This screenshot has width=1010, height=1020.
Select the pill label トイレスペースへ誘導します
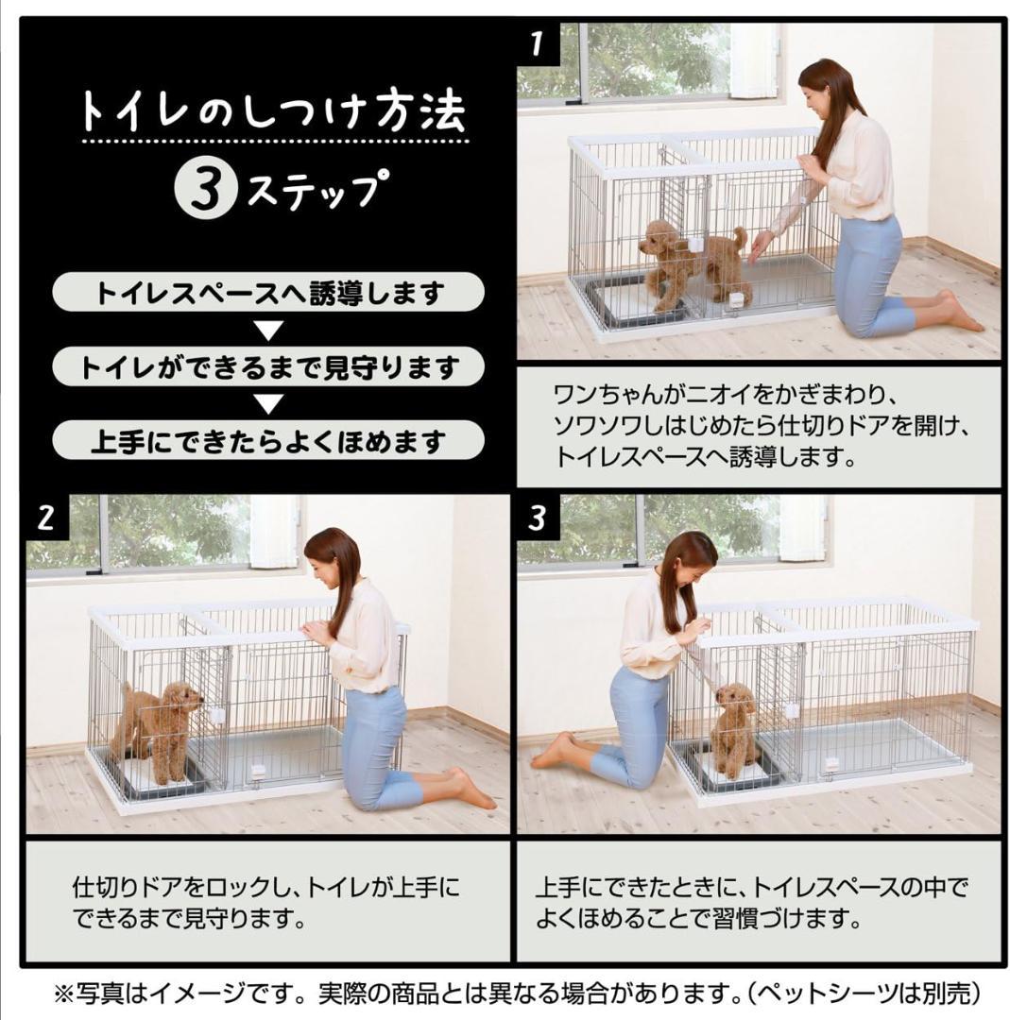pos(268,293)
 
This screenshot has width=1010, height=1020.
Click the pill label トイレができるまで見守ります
pos(268,367)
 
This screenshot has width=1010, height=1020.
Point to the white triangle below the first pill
pos(269,331)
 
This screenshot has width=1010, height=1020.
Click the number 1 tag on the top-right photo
pos(538,43)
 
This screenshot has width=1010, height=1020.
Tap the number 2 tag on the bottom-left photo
pos(46,518)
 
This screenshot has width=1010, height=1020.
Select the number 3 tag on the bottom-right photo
pos(538,518)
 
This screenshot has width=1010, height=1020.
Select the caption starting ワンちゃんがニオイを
pos(756,426)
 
